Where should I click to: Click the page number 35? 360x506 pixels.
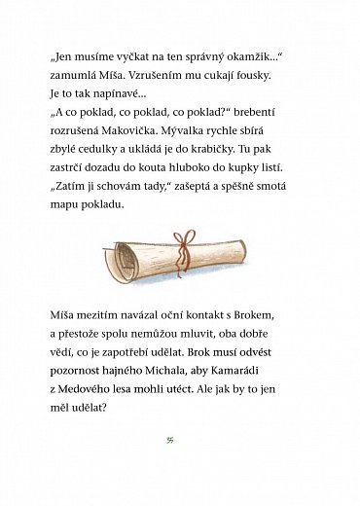tap(180, 438)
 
